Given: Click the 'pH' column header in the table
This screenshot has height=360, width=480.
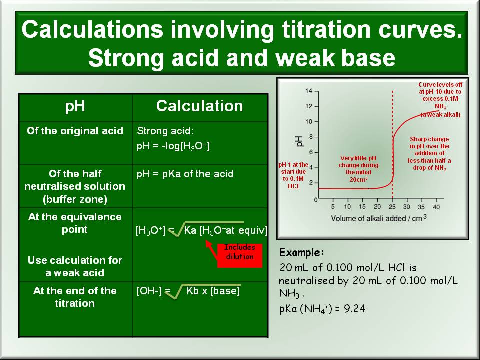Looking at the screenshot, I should [x=75, y=106].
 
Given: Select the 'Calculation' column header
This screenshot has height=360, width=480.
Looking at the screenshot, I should [x=199, y=106].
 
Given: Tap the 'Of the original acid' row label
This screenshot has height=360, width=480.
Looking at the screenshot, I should [x=75, y=131].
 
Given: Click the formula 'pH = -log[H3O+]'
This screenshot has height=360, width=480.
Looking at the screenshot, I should [x=173, y=146].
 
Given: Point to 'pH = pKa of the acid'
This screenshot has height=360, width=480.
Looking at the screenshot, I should [x=185, y=174].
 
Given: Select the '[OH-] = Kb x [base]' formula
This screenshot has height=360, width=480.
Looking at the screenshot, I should [x=188, y=291].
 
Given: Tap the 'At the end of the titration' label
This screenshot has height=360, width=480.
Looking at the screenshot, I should [x=75, y=297].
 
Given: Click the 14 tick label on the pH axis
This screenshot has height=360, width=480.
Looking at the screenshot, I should [x=308, y=91].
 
